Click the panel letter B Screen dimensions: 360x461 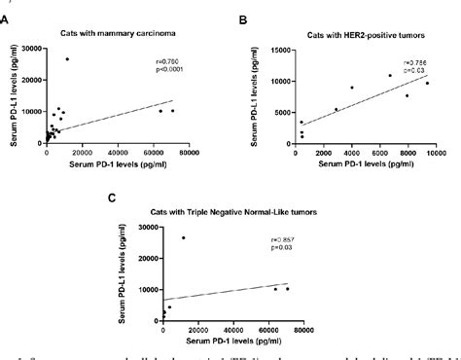[x=243, y=18]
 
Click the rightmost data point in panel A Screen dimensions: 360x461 [x=172, y=111]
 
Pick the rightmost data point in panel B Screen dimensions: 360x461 [x=426, y=84]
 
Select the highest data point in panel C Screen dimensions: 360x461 [x=182, y=237]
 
